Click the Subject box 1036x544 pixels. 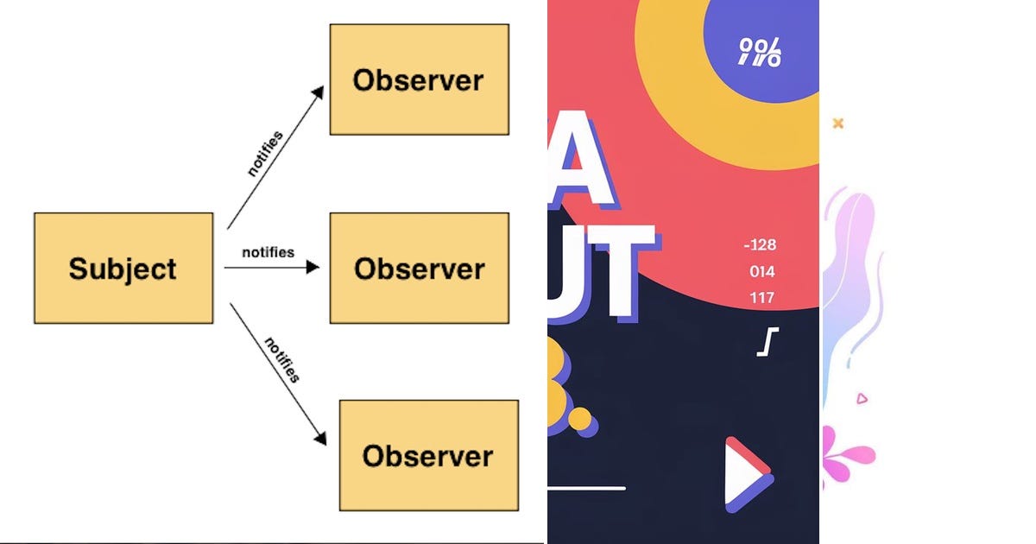point(123,269)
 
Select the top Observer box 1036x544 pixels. point(419,79)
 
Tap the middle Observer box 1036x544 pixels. point(419,269)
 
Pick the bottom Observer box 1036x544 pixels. point(428,455)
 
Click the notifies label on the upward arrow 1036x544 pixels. point(264,154)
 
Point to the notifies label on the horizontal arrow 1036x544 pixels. point(268,252)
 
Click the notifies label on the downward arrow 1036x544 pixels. point(281,359)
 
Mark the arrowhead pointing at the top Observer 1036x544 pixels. point(318,92)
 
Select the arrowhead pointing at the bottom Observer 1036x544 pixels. point(320,438)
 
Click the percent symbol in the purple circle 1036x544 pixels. point(760,53)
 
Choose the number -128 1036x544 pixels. point(760,245)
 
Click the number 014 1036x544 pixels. point(761,272)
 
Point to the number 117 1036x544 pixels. point(761,298)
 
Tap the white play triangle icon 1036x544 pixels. point(744,475)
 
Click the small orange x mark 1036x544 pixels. point(837,123)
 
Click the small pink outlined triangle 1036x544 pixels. point(861,398)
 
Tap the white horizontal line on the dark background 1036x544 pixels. point(586,488)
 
